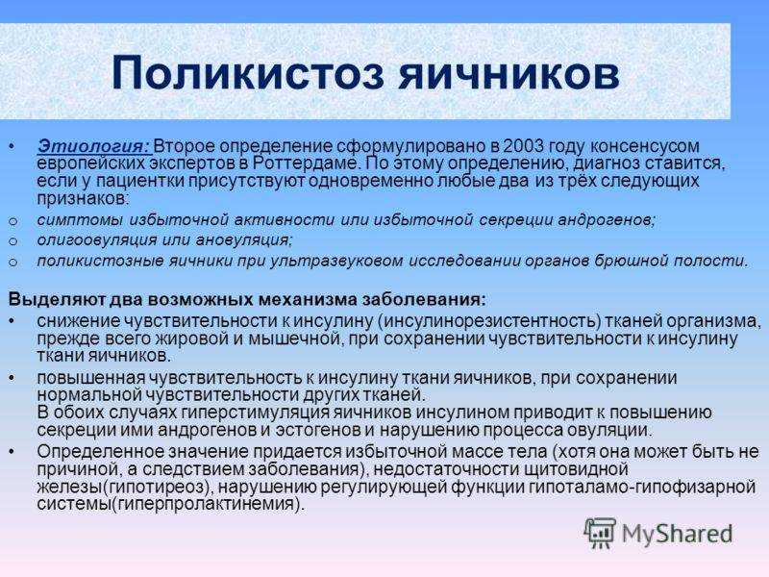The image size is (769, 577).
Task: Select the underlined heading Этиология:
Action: [94, 146]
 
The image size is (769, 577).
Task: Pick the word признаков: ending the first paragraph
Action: [84, 198]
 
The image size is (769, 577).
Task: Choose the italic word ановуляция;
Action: [244, 240]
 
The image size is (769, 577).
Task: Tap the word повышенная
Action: [91, 378]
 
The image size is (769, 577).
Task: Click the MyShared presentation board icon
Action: [599, 533]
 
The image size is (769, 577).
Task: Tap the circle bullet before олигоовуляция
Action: [13, 241]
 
